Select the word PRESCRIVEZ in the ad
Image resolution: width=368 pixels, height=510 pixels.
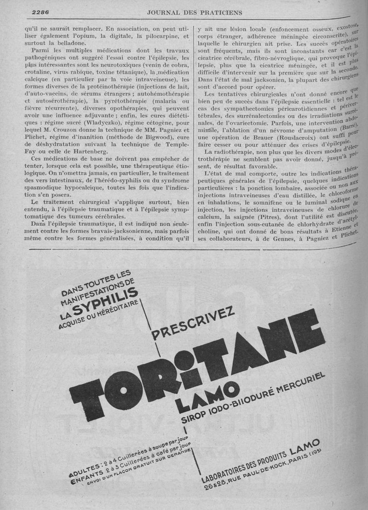click(x=193, y=323)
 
